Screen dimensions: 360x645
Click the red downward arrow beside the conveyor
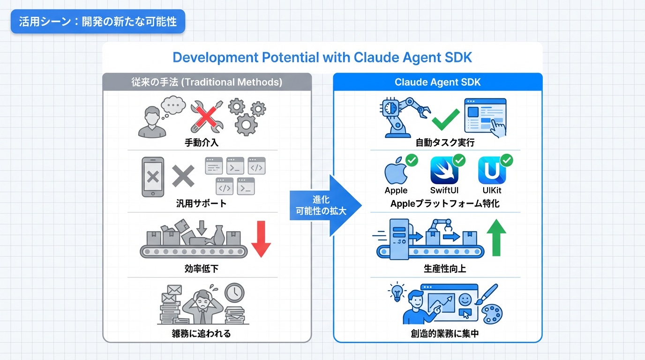tap(261, 240)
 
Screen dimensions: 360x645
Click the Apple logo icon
tap(396, 172)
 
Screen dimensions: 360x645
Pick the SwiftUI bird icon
tap(444, 171)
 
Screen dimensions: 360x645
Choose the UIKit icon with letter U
tap(492, 172)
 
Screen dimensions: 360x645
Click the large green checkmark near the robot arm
tap(445, 120)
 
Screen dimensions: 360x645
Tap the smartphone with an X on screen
tap(153, 176)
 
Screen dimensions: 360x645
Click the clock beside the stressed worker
tap(234, 293)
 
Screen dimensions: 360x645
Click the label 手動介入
tap(202, 142)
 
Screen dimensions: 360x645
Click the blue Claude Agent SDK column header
tap(437, 82)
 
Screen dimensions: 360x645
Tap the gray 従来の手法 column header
tap(207, 82)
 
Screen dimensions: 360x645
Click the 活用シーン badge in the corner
tap(98, 22)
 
